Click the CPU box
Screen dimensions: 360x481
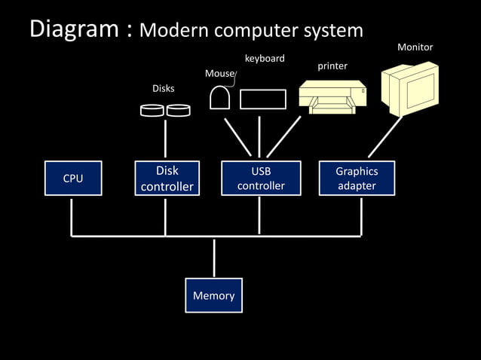(x=72, y=178)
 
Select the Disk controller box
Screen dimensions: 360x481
(x=167, y=178)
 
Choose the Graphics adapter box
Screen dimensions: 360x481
(x=357, y=178)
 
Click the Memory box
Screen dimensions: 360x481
(x=213, y=295)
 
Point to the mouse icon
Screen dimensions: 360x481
(x=220, y=99)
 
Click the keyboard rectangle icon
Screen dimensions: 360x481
(x=263, y=99)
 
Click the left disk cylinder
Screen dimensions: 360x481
(x=153, y=111)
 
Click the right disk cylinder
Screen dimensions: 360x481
(x=179, y=111)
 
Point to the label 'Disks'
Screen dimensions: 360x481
(x=164, y=89)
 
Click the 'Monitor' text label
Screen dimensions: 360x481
(x=415, y=47)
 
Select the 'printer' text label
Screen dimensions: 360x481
(x=332, y=66)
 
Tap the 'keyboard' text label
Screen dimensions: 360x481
(x=265, y=58)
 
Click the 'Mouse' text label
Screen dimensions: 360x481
(x=219, y=74)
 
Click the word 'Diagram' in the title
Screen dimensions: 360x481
(x=72, y=29)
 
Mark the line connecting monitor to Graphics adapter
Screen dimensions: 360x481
(x=384, y=137)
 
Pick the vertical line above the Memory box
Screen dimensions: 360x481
(x=214, y=258)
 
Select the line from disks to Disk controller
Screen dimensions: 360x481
(x=166, y=139)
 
